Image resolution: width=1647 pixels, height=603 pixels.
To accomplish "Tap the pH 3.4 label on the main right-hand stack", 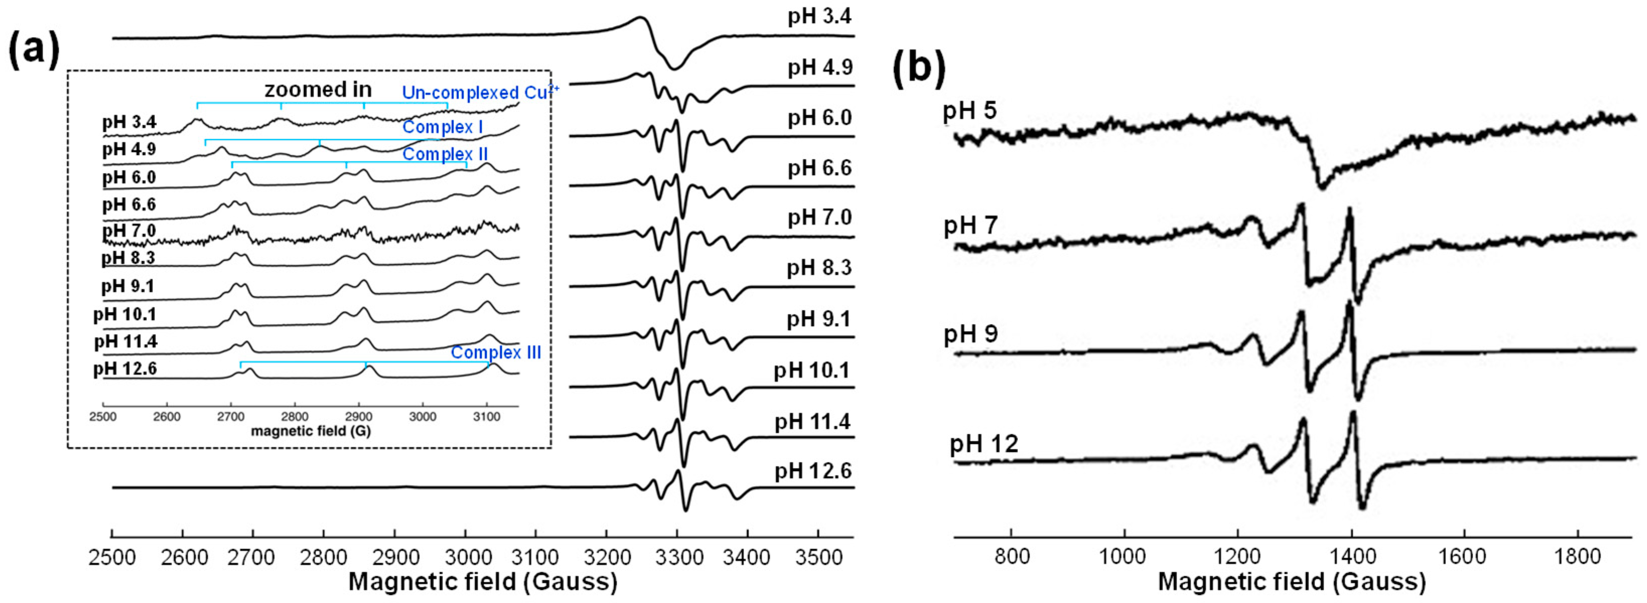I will point(819,15).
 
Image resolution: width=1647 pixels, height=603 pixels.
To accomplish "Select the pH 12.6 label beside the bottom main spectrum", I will point(813,471).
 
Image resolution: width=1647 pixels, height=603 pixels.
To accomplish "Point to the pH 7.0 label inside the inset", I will point(129,230).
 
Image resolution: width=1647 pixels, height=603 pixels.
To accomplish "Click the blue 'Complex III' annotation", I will point(495,352).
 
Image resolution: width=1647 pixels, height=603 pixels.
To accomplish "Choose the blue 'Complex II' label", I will point(445,154).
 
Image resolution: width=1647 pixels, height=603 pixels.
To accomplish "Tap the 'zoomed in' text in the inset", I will point(318,90).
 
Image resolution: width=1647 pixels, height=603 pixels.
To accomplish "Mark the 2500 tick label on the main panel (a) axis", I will point(112,558).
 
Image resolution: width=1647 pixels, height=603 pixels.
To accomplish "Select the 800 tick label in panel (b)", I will point(1012,556).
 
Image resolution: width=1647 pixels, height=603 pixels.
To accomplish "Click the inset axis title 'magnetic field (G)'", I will point(311,431).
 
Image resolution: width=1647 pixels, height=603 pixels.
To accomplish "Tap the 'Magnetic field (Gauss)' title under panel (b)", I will point(1292,582).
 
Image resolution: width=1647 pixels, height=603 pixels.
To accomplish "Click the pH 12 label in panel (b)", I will point(983,443).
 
